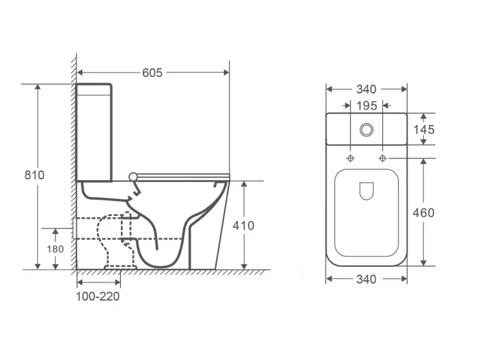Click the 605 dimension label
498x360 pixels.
tap(152, 72)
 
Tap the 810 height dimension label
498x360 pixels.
tap(35, 175)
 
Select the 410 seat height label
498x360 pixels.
tap(244, 226)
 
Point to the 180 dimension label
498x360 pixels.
tap(56, 249)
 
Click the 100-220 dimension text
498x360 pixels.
tap(98, 297)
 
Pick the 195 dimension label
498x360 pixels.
tap(367, 106)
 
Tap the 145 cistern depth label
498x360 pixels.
tap(424, 129)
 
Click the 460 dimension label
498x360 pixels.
tap(424, 213)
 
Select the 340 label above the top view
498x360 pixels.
tap(366, 89)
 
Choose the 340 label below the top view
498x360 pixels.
tap(366, 279)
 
